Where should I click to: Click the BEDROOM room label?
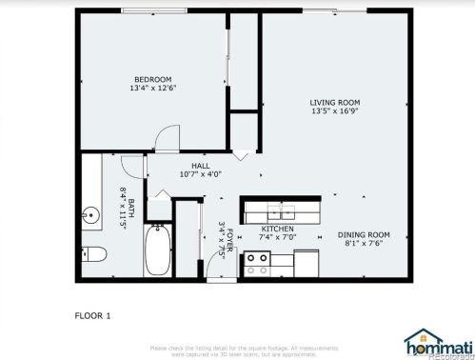pyautogui.click(x=152, y=78)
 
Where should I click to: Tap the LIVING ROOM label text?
pyautogui.click(x=333, y=102)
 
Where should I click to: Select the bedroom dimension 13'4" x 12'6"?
pyautogui.click(x=152, y=88)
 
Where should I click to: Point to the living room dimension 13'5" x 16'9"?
pyautogui.click(x=333, y=111)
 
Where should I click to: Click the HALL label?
pyautogui.click(x=200, y=164)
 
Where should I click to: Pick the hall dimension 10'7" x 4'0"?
pyautogui.click(x=200, y=173)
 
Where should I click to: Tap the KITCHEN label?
pyautogui.click(x=278, y=229)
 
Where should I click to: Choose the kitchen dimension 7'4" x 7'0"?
pyautogui.click(x=278, y=237)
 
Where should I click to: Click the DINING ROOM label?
pyautogui.click(x=366, y=234)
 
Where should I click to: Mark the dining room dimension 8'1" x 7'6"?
pyautogui.click(x=366, y=244)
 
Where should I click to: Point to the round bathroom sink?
pyautogui.click(x=91, y=215)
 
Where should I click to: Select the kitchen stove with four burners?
pyautogui.click(x=256, y=264)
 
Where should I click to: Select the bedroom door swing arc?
pyautogui.click(x=166, y=139)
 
